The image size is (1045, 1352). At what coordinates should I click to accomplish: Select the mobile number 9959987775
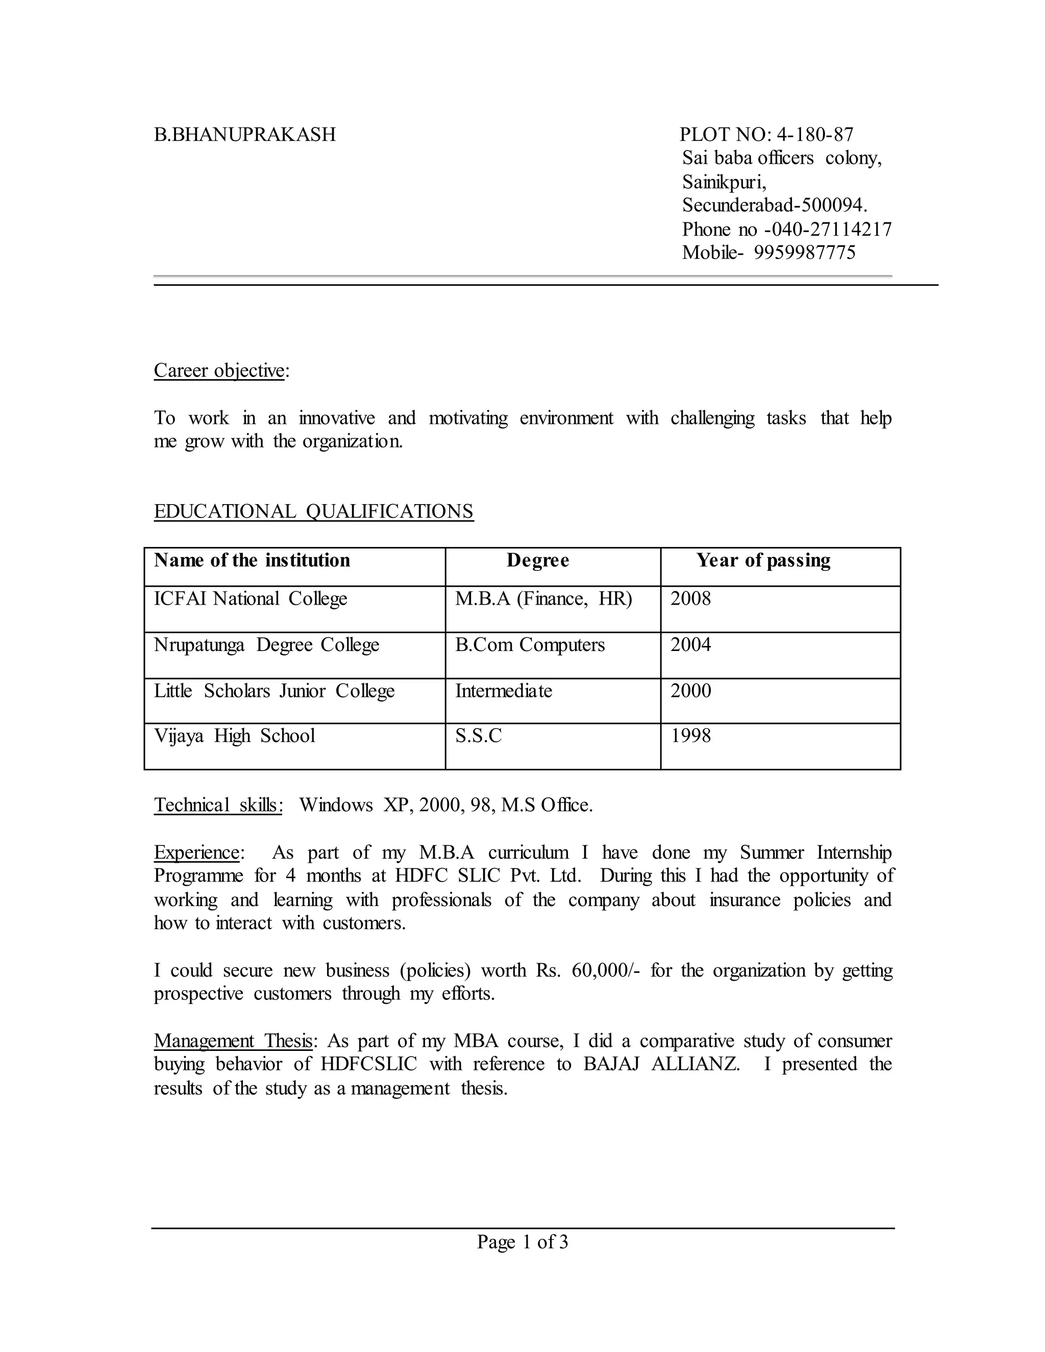[804, 253]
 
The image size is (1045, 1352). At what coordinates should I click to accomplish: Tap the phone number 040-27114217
[830, 229]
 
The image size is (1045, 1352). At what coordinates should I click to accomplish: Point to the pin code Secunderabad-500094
[775, 205]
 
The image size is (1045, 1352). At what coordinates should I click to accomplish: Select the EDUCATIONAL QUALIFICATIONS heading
[313, 511]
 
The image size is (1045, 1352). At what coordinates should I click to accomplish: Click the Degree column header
[537, 560]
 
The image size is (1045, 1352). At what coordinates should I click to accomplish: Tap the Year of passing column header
[763, 560]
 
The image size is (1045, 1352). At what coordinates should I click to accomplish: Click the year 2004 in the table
[691, 645]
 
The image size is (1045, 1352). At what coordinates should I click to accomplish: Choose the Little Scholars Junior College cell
[274, 691]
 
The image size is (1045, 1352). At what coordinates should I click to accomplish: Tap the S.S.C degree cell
[479, 736]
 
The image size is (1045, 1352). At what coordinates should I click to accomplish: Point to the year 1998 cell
[691, 736]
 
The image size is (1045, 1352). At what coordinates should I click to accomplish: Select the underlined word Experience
[197, 853]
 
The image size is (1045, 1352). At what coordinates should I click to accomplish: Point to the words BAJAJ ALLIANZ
[661, 1064]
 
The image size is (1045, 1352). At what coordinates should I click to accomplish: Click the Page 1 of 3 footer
[522, 1242]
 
